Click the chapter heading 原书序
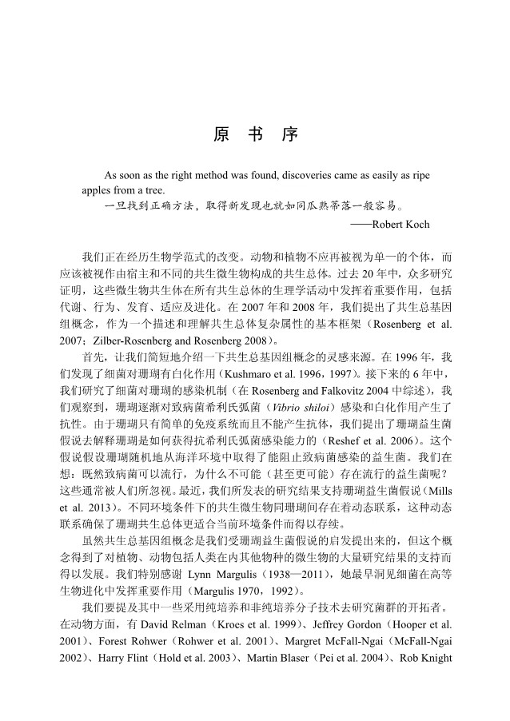click(255, 134)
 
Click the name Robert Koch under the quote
click(400, 224)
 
